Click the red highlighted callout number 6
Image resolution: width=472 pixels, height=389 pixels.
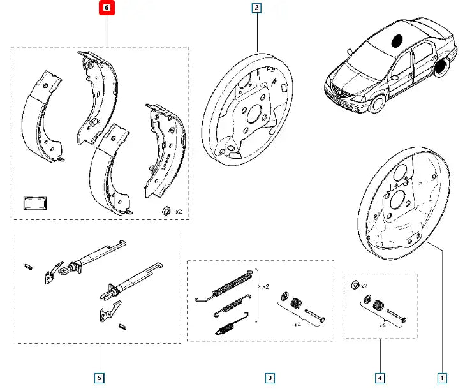click(x=107, y=8)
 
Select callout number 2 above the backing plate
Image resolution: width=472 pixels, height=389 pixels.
click(x=256, y=8)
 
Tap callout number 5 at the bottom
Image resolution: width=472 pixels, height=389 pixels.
click(x=100, y=378)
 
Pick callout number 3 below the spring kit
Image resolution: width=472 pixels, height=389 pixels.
click(x=270, y=378)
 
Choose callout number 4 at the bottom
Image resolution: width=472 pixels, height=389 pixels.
click(x=380, y=378)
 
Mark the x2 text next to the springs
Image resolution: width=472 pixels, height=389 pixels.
click(x=266, y=286)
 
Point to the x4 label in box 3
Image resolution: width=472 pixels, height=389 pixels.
click(x=297, y=324)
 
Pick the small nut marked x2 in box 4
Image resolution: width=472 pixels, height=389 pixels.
click(x=356, y=285)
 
